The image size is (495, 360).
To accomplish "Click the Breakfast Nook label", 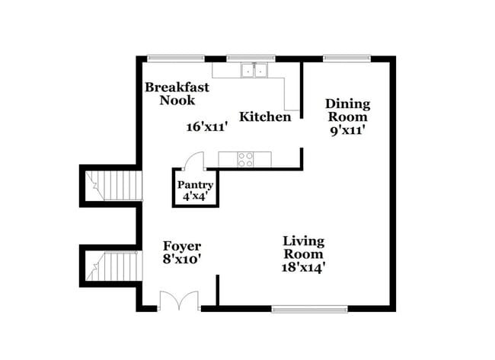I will [177, 94].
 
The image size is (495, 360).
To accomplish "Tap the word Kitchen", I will [265, 117].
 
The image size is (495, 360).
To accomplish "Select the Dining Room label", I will [347, 110].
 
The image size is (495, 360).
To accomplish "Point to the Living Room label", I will [303, 247].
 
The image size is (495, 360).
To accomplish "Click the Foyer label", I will [182, 246].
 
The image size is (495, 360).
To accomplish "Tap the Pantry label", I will [195, 185].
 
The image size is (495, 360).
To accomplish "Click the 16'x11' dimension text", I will [207, 127].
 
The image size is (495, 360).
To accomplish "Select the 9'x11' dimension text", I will [347, 130].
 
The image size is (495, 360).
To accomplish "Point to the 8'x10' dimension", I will [182, 259].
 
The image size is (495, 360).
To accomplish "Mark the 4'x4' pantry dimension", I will [195, 196].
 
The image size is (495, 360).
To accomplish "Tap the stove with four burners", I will [246, 159].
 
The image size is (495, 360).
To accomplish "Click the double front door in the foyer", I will [179, 301].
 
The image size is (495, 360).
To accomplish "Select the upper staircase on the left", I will [113, 185].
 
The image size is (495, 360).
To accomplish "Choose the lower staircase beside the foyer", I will [113, 267].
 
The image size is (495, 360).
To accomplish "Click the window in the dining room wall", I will [346, 58].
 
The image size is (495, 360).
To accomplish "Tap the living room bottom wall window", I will [300, 309].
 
